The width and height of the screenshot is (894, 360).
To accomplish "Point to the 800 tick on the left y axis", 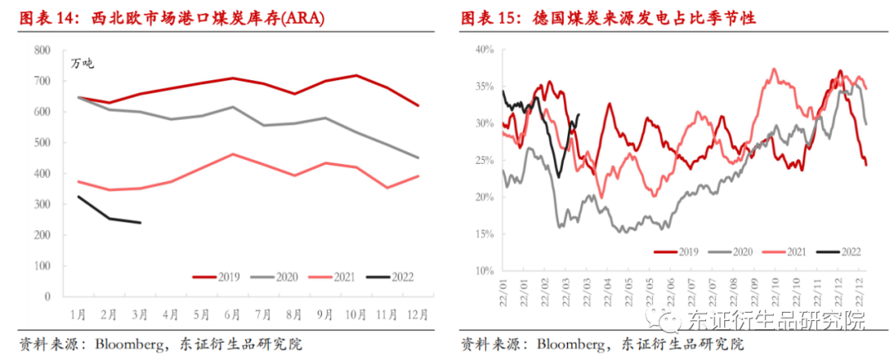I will [42, 50].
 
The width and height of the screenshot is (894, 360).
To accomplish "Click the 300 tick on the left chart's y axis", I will [42, 204].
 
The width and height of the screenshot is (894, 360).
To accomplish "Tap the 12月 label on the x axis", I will [417, 314].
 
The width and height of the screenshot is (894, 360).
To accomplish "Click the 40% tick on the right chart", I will [484, 50].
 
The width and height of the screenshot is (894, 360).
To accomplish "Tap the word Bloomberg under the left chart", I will [128, 343].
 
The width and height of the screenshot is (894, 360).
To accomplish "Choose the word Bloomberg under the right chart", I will [570, 343].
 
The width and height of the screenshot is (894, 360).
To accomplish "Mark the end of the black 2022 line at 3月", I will [140, 223].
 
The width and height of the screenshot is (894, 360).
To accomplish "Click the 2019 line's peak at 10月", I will [357, 75].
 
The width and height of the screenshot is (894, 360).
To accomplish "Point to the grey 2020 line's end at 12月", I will [417, 158].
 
